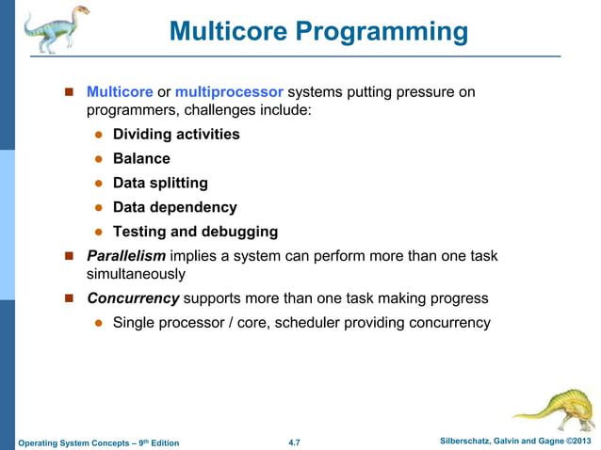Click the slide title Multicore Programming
[318, 32]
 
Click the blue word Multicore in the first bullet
[120, 92]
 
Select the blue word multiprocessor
[229, 92]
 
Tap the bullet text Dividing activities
[176, 135]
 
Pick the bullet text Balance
[141, 159]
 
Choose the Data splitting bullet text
[160, 184]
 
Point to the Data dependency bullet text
[174, 207]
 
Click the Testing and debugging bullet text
[195, 232]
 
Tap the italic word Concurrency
[133, 298]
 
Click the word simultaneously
[136, 274]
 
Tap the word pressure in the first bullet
[421, 92]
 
